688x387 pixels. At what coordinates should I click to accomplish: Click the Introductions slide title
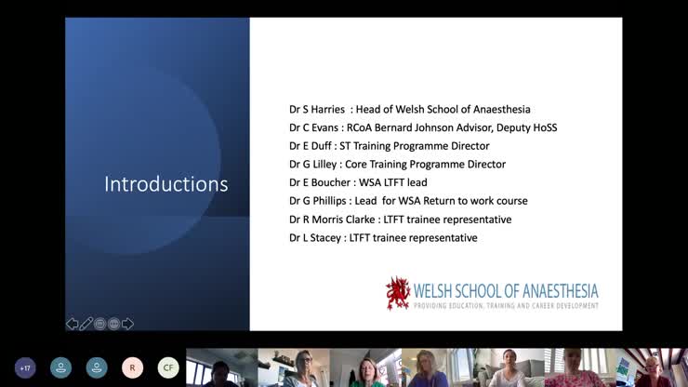165,184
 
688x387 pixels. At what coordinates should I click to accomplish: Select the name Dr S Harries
317,110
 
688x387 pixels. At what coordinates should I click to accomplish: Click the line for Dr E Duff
389,146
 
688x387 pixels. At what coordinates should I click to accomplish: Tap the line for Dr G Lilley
397,164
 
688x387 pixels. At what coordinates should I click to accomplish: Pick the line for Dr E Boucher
358,182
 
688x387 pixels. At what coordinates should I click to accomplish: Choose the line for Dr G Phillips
408,201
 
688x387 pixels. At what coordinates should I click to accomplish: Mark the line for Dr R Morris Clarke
400,220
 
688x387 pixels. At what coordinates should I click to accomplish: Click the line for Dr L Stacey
383,238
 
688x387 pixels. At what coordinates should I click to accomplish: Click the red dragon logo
398,292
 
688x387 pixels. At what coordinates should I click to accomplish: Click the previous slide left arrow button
72,324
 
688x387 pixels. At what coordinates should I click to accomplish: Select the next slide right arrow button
128,324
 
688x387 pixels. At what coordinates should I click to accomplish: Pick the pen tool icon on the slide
86,324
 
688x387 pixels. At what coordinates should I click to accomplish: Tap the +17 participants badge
25,367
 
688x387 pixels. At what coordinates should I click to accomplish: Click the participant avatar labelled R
132,367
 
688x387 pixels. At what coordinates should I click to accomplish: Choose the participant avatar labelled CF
168,367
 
